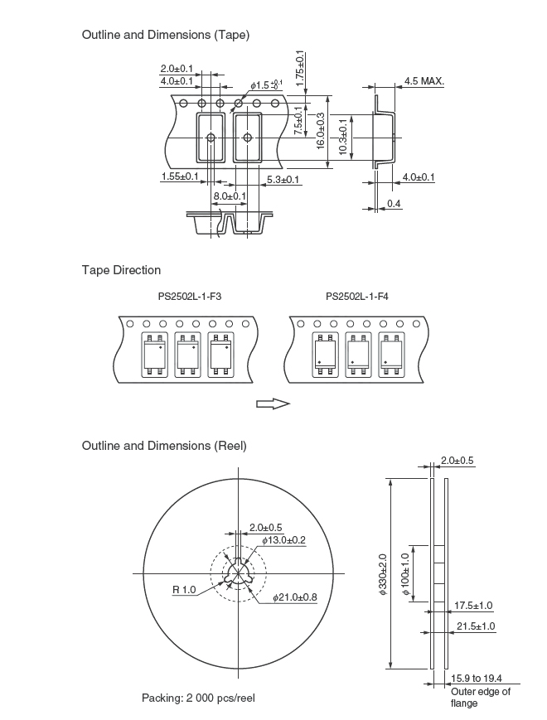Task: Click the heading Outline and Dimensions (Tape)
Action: [165, 35]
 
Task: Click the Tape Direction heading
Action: [121, 270]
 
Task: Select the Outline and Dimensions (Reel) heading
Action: [164, 446]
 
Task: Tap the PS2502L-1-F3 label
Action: [190, 297]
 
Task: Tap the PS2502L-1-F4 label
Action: [357, 297]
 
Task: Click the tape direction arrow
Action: [273, 404]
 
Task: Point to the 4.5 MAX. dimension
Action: [424, 81]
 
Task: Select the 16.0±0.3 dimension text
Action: [321, 131]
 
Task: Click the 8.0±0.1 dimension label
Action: [230, 196]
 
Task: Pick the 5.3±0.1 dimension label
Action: [283, 180]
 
